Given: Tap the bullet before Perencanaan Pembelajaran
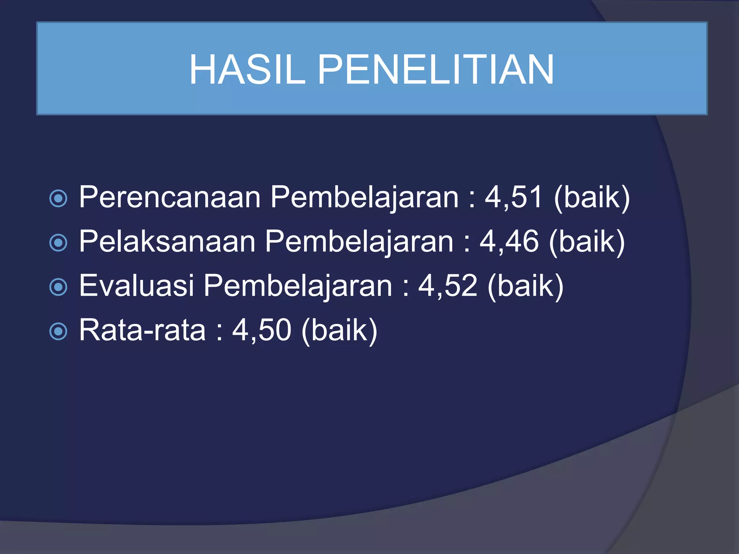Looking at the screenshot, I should [x=58, y=198].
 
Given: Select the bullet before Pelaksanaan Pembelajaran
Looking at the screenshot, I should [x=58, y=242].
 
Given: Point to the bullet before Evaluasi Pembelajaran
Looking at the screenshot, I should [x=58, y=287].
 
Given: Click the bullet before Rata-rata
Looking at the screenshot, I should [x=58, y=331].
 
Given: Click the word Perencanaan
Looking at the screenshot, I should [x=170, y=197].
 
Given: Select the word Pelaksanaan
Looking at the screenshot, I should [x=167, y=242].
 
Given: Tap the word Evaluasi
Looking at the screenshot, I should [x=136, y=286].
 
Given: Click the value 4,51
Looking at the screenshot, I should [x=513, y=197].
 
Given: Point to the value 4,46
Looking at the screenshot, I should [x=508, y=242].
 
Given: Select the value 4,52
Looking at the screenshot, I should [x=447, y=286].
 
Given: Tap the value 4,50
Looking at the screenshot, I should [x=261, y=330].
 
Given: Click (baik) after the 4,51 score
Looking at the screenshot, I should [x=592, y=198].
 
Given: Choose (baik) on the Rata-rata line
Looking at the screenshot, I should [x=339, y=331].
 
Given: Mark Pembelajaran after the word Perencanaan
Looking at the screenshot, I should [x=364, y=198].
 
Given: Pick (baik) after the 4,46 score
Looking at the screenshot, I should [x=587, y=242].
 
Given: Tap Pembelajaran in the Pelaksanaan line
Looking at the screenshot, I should [x=359, y=242].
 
